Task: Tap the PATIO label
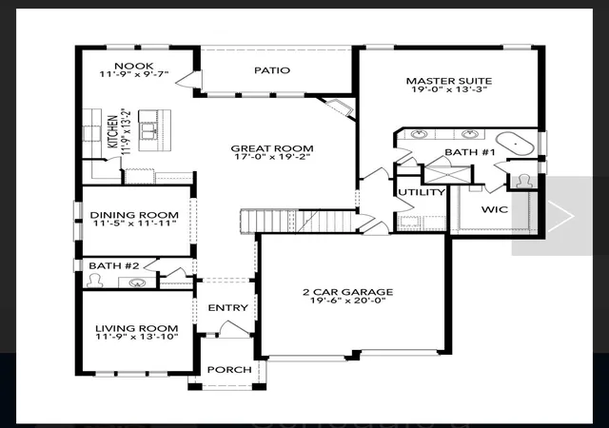point(272,70)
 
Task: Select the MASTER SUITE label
point(449,81)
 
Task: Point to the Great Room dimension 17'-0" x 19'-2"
point(272,157)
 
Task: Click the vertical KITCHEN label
point(112,131)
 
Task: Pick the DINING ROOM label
point(134,215)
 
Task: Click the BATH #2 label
point(114,265)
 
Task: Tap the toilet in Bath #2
point(94,281)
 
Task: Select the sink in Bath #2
point(136,282)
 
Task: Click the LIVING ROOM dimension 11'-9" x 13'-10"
point(137,337)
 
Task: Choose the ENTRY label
point(228,308)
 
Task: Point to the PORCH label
point(229,370)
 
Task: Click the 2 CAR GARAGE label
point(348,292)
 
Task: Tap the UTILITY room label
point(422,192)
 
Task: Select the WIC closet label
point(495,210)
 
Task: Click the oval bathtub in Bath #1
point(516,144)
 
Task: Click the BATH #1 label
point(469,152)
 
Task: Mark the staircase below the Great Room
point(298,221)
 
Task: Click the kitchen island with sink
point(154,131)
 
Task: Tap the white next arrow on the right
point(560,216)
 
